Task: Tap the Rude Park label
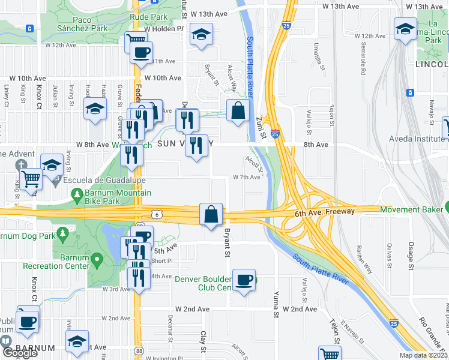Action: coord(149,17)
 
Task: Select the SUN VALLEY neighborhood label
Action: coord(185,144)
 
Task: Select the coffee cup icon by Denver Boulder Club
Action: coord(244,280)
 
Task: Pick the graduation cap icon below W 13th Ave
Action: coord(202,34)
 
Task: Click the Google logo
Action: coord(19,353)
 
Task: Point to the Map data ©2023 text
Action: coord(423,355)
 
